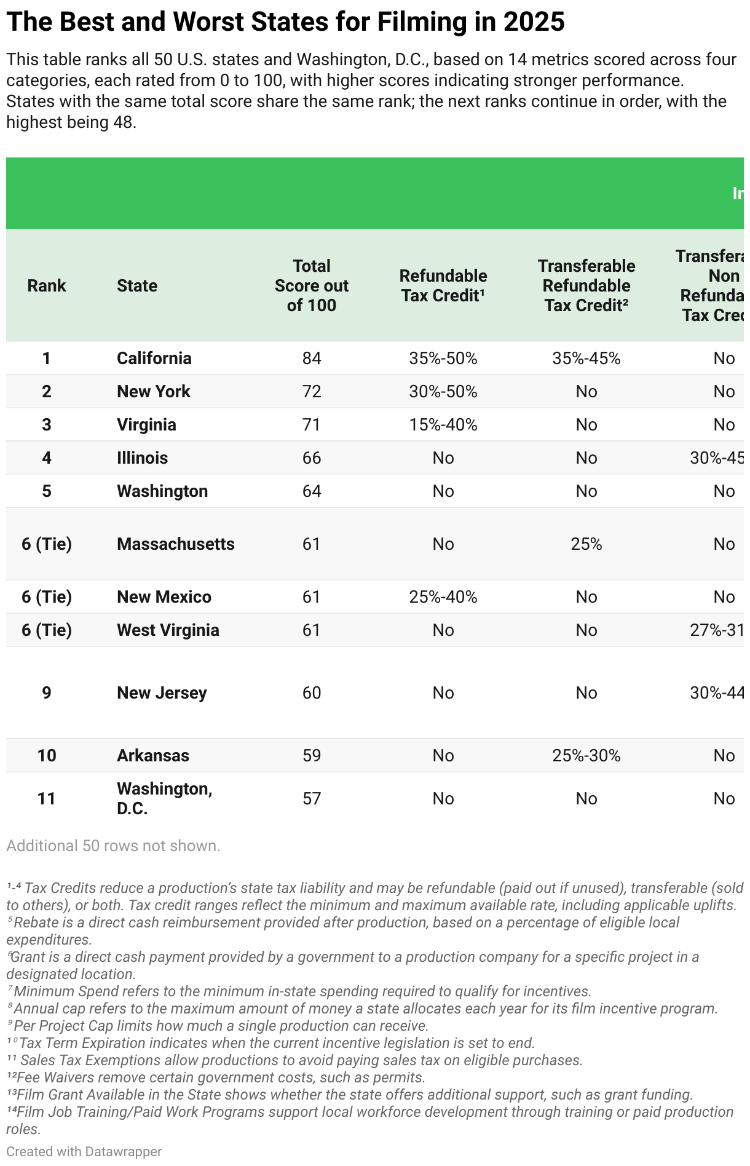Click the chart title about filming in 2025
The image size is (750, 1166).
coord(285,22)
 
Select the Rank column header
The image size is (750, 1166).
coord(47,285)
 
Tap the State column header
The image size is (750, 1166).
coord(137,285)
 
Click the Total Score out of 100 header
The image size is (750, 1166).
coord(312,285)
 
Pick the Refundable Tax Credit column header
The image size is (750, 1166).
coord(443,285)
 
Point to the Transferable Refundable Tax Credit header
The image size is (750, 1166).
coord(586,285)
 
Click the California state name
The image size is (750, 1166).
coord(154,358)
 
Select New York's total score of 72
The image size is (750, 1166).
coord(312,391)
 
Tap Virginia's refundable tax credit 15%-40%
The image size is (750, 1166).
coord(443,424)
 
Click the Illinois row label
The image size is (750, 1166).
coord(142,458)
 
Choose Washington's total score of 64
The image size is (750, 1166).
coord(312,491)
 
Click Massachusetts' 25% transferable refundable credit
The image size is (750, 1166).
coord(586,544)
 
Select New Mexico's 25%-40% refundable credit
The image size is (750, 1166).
coord(443,597)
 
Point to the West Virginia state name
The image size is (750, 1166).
coord(168,630)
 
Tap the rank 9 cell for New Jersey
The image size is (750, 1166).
coord(47,692)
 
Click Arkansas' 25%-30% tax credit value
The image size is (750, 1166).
coord(586,755)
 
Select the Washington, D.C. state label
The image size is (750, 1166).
coord(164,798)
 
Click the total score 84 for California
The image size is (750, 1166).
coord(312,358)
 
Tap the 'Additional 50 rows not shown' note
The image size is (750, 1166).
coord(113,846)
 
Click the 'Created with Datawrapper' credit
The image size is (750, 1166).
coord(84,1151)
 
